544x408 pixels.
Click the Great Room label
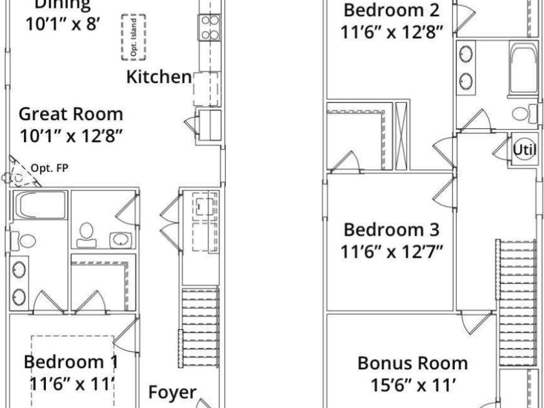[71, 114]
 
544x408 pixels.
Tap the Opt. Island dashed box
[134, 37]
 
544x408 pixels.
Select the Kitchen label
[159, 77]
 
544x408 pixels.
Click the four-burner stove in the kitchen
[210, 28]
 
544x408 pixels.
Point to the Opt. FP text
[50, 168]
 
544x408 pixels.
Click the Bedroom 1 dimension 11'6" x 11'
[72, 384]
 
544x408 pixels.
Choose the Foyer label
[172, 393]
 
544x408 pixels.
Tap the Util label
[525, 150]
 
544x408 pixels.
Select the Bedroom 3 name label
[391, 230]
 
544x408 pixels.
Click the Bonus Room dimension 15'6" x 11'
[413, 385]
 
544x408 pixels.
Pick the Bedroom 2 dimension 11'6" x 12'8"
[392, 32]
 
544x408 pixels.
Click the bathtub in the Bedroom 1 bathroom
[40, 205]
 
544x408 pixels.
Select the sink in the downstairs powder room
[121, 240]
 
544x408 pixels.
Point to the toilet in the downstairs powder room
[86, 235]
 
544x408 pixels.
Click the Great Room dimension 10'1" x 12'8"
[72, 136]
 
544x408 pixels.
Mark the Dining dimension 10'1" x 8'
[63, 25]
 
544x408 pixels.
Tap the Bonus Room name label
[412, 363]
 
